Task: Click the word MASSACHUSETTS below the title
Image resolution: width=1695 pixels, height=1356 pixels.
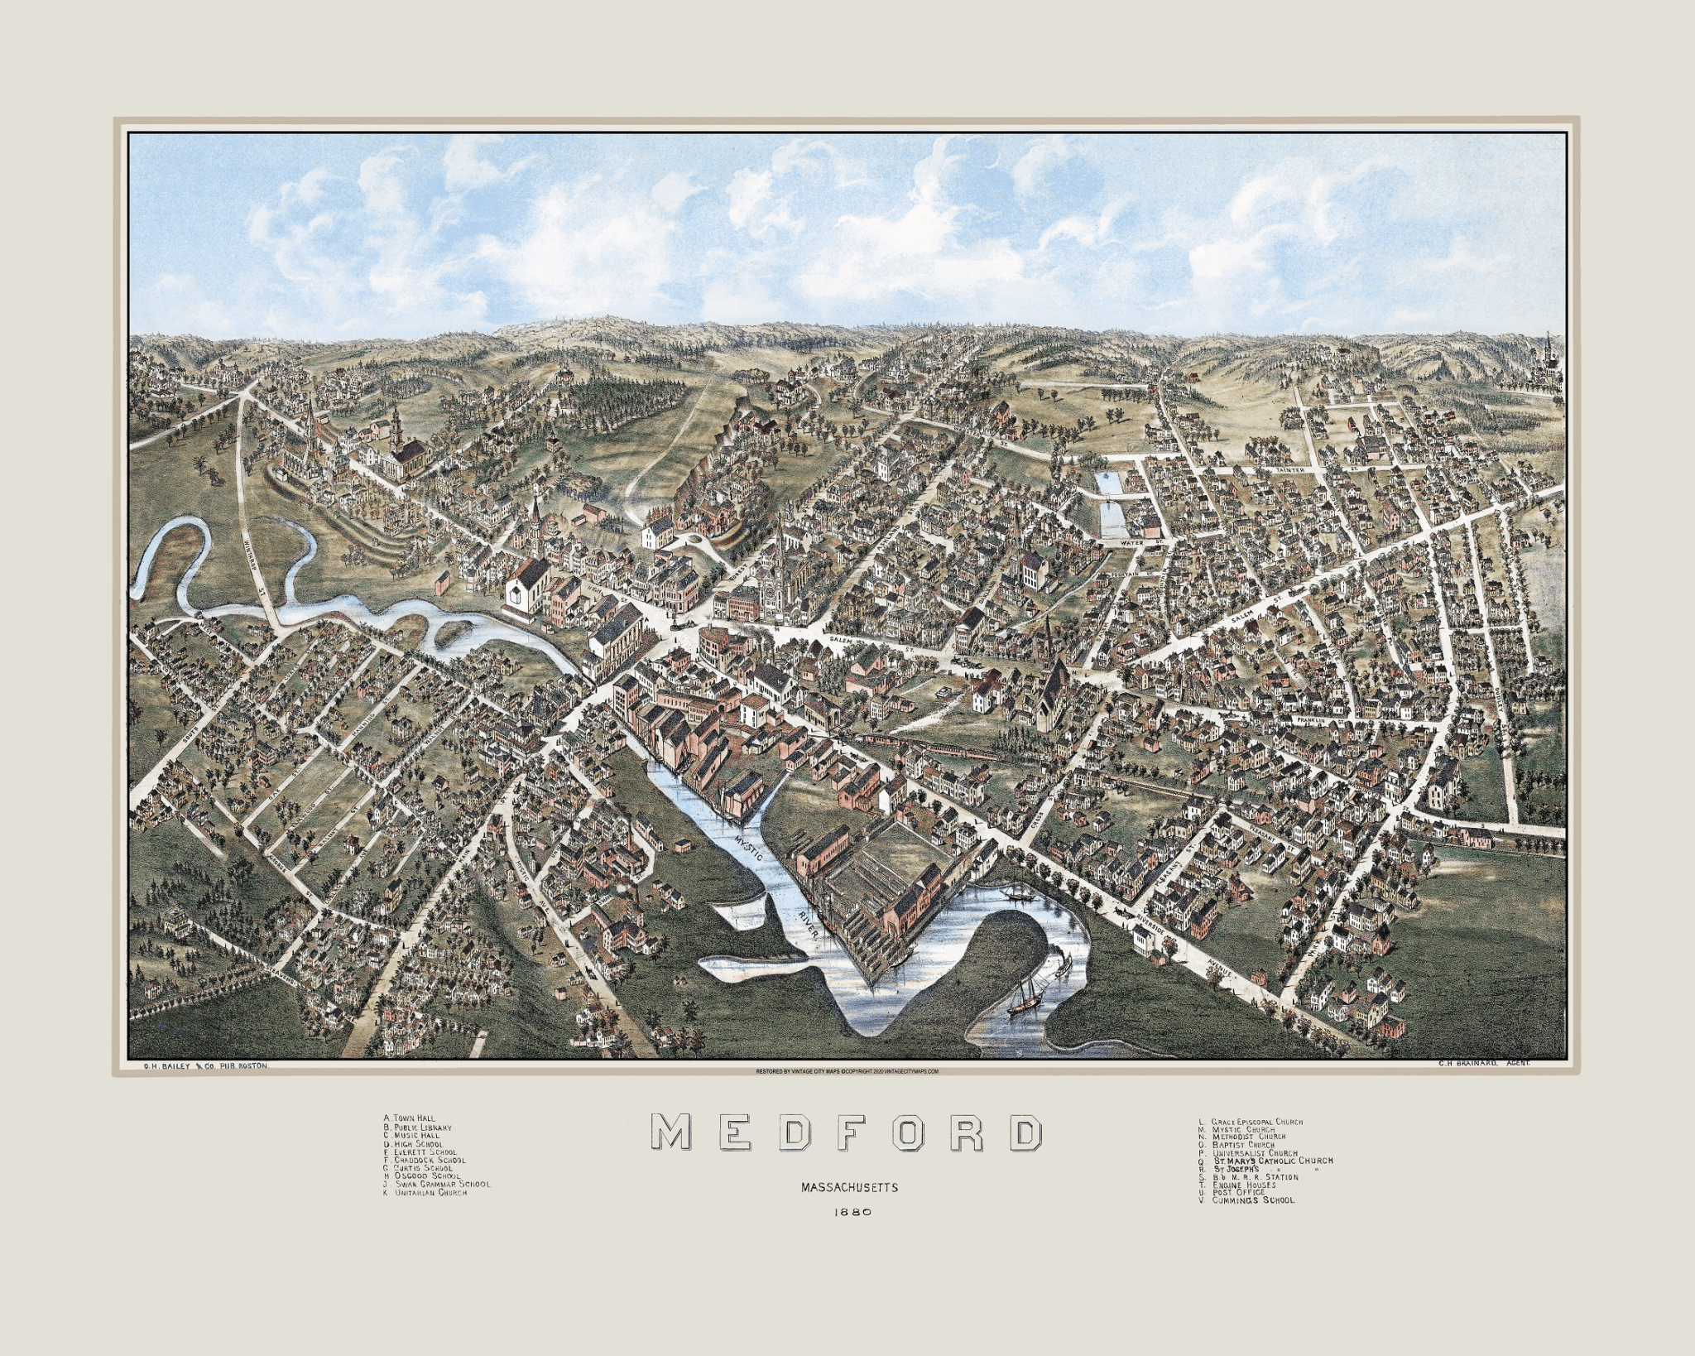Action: pos(848,1187)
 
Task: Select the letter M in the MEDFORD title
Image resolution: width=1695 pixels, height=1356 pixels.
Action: pos(670,1132)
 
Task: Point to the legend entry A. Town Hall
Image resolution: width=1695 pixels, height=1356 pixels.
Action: pos(410,1118)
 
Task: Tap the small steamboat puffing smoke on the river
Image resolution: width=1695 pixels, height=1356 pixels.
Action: pos(1011,895)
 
